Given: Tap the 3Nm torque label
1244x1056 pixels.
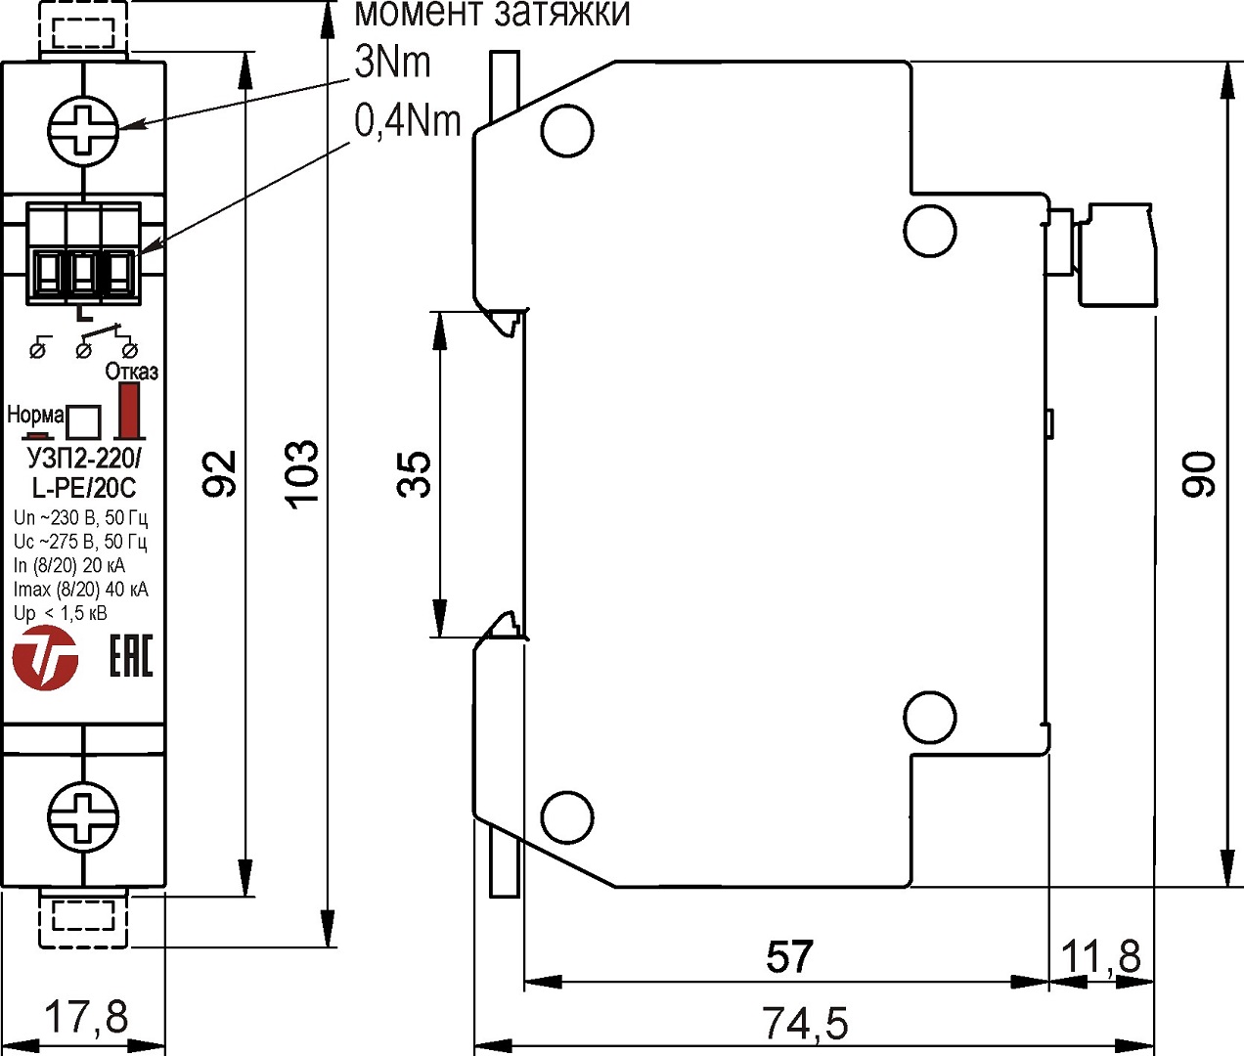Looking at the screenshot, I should click(392, 63).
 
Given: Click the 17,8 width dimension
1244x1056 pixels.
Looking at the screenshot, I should click(87, 1017).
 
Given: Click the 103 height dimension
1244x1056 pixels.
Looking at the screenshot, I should click(302, 474).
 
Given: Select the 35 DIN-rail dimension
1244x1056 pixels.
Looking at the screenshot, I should click(415, 474).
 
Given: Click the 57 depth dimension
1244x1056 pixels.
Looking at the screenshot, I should click(789, 956).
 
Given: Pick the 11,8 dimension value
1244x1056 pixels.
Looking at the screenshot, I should click(1101, 956).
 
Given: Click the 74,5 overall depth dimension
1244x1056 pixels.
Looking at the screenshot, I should click(805, 1024).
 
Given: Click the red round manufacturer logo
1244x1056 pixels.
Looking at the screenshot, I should click(45, 657).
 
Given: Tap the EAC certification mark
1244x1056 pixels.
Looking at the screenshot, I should click(130, 655).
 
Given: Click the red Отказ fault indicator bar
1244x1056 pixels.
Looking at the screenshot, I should click(127, 410).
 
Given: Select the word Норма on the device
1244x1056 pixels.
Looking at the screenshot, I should click(35, 415).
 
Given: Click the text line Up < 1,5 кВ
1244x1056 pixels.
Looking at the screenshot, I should click(61, 613).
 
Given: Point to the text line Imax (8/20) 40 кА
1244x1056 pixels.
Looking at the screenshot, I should click(80, 589).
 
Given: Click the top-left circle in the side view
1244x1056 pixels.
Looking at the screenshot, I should click(567, 131).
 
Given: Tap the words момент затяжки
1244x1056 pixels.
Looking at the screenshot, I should click(491, 14).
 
